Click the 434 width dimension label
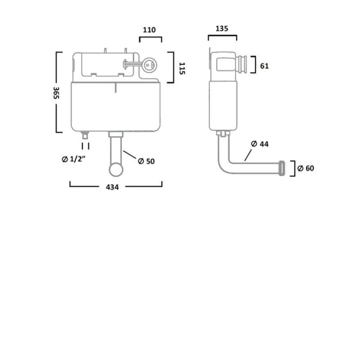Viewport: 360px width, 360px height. pyautogui.click(x=112, y=187)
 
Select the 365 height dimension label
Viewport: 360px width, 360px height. pyautogui.click(x=56, y=93)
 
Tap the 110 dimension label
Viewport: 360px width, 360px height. pyautogui.click(x=149, y=30)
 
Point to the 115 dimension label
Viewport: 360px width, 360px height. pyautogui.click(x=182, y=68)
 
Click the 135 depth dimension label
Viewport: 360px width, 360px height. pyautogui.click(x=222, y=28)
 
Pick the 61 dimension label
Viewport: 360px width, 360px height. pyautogui.click(x=264, y=66)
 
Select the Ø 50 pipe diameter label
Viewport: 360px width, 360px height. pyautogui.click(x=146, y=161)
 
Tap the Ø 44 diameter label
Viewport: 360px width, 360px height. pyautogui.click(x=260, y=144)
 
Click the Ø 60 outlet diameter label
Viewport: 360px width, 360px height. pyautogui.click(x=306, y=168)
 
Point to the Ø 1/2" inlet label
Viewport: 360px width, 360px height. pyautogui.click(x=73, y=159)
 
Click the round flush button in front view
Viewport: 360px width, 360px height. pyautogui.click(x=149, y=65)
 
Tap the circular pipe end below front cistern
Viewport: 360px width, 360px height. pyautogui.click(x=116, y=170)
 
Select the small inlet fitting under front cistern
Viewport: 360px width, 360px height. pyautogui.click(x=85, y=135)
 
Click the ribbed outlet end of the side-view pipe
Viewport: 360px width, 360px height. pyautogui.click(x=282, y=168)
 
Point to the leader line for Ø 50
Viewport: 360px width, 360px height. pyautogui.click(x=130, y=155)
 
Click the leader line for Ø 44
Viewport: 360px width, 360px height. pyautogui.click(x=248, y=155)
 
